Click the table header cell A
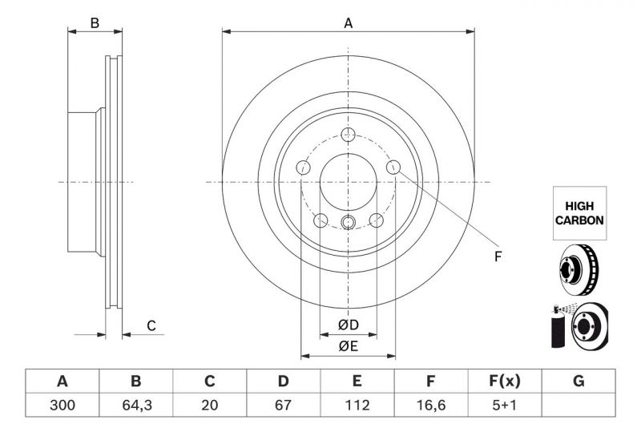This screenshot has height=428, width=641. (62, 382)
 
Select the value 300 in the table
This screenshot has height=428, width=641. (62, 405)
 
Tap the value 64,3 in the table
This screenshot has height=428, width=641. (135, 405)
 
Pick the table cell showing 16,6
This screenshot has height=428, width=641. (430, 405)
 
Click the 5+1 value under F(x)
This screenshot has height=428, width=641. (504, 405)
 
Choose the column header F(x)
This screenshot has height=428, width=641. (504, 382)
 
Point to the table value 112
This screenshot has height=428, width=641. (357, 405)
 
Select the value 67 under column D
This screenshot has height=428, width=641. (283, 405)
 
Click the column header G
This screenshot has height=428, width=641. (579, 382)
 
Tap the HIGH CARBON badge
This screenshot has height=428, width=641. (579, 212)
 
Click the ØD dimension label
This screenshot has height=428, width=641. (348, 325)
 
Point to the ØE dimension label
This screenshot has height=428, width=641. (348, 346)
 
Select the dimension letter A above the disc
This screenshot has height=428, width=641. (349, 23)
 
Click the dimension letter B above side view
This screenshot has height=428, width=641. (95, 23)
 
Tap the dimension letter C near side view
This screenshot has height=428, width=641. (150, 325)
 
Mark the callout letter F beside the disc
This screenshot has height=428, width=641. (497, 257)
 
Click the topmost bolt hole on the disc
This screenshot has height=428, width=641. (348, 135)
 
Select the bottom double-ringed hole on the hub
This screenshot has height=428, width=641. (348, 222)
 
